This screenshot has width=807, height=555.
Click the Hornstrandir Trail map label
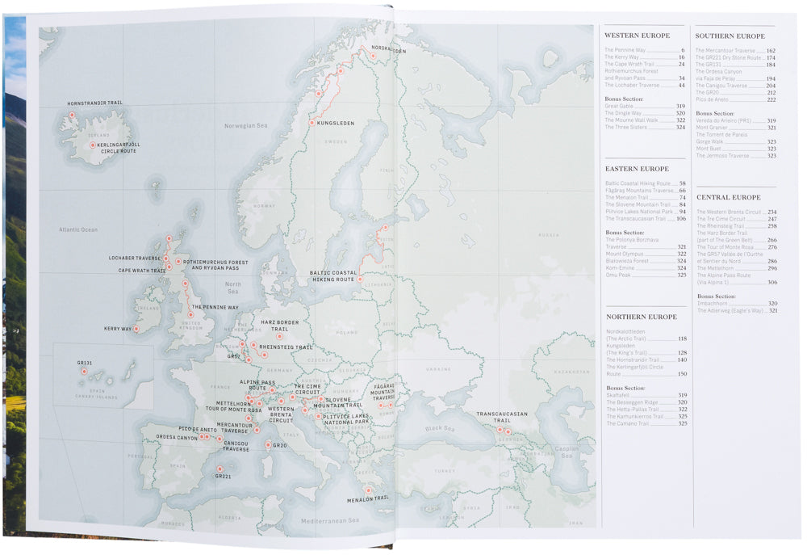(94, 103)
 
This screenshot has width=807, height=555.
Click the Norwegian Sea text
(245, 125)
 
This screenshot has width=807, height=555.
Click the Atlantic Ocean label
(77, 229)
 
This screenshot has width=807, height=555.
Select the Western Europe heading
(637, 36)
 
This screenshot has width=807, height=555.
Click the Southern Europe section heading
(730, 36)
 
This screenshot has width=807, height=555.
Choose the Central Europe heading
(728, 197)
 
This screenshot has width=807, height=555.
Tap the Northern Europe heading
(641, 317)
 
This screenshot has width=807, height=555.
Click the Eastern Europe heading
(637, 169)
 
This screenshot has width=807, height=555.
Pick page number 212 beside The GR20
(771, 93)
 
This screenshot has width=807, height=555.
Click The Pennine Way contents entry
(625, 50)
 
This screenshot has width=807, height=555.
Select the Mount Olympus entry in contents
(624, 254)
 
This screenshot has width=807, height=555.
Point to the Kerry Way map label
(118, 329)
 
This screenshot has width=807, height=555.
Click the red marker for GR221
(220, 468)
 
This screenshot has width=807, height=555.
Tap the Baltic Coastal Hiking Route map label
(332, 275)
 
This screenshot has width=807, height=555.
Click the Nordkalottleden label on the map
(388, 48)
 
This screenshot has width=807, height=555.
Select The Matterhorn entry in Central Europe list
(714, 267)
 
